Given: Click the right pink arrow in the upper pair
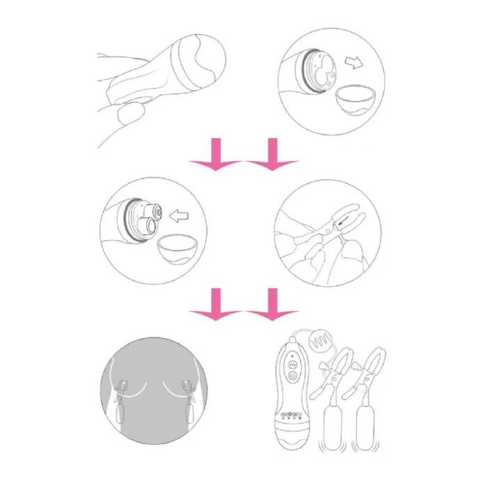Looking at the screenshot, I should pyautogui.click(x=273, y=155).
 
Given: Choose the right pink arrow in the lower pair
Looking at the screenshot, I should pyautogui.click(x=273, y=305).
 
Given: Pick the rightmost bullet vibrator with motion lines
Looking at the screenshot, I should pyautogui.click(x=366, y=422).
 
